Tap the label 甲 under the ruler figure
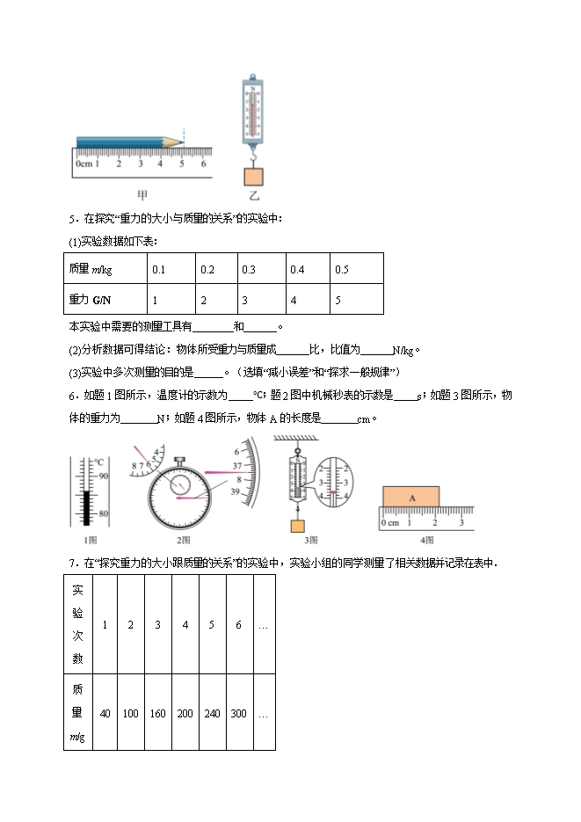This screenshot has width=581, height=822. tap(142, 196)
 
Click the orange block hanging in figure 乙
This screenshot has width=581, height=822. tap(255, 173)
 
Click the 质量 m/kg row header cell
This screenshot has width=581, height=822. tap(104, 269)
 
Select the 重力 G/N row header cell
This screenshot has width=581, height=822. tap(104, 300)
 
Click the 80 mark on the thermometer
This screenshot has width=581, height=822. tap(103, 513)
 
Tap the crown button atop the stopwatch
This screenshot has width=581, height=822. tap(179, 459)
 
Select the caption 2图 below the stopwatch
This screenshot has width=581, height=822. tap(182, 539)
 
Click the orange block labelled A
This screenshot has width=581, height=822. tap(410, 497)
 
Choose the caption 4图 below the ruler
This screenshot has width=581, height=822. tap(427, 539)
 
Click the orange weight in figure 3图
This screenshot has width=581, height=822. tap(298, 526)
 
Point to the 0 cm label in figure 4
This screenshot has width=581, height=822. tap(390, 524)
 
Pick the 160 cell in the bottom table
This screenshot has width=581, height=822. tap(158, 713)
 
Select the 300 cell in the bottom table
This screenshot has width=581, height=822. tap(239, 713)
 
